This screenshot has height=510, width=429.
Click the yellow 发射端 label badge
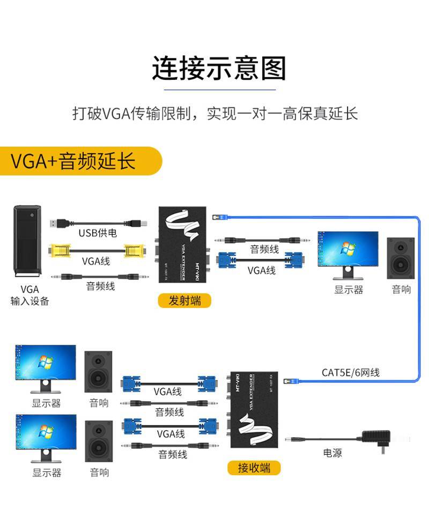point(184,300)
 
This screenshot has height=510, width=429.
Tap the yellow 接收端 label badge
point(254,468)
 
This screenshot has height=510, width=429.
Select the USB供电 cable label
point(98,233)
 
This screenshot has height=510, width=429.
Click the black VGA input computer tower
point(27,241)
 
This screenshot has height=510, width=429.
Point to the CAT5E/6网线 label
point(351,372)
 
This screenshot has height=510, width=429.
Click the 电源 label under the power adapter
point(332,453)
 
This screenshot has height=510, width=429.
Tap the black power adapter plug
point(376,440)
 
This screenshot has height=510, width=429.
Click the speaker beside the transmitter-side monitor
point(401,258)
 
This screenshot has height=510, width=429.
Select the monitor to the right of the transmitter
point(348,255)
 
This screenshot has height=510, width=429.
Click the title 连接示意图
point(219,68)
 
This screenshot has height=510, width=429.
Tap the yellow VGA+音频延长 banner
point(80,161)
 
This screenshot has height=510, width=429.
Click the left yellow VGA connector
point(59,251)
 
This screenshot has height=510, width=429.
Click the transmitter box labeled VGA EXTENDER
point(182,245)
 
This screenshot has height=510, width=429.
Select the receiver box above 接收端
point(253,410)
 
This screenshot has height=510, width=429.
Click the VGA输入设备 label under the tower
point(29,295)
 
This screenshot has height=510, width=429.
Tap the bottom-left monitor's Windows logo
point(46,431)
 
